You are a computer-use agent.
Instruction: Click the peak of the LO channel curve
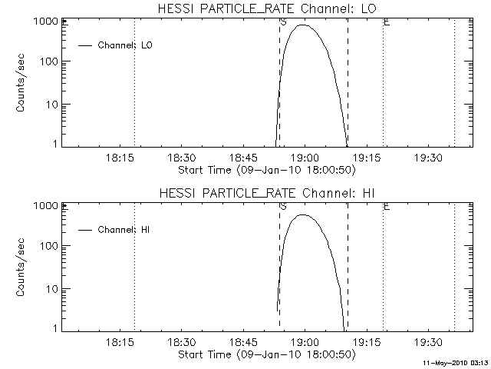pos(305,25)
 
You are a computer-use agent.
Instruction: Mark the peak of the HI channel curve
pos(305,214)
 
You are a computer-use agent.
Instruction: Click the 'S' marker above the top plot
pos(284,22)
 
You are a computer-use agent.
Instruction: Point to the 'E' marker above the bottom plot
pos(386,207)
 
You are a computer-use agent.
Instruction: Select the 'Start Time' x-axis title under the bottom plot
pos(265,354)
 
